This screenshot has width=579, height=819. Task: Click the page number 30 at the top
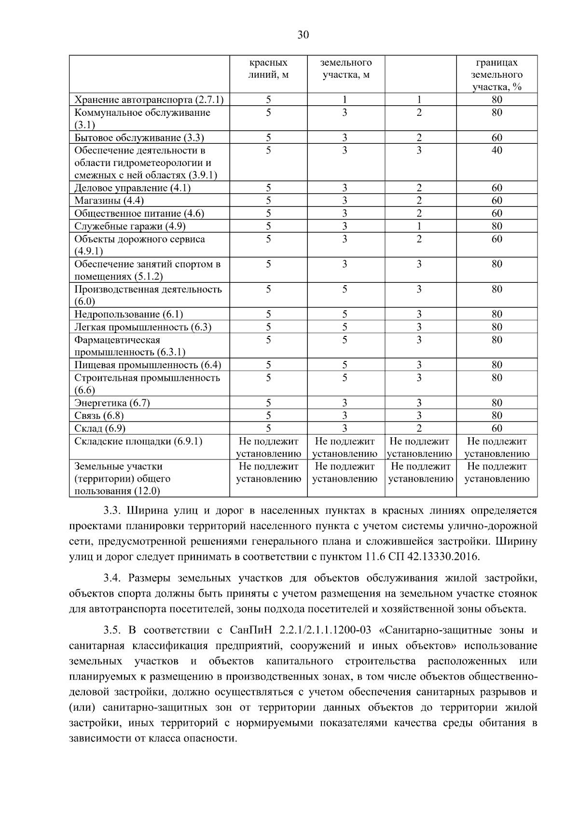[303, 35]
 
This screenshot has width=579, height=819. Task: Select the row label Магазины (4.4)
[109, 200]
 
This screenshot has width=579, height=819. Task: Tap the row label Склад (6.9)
[100, 428]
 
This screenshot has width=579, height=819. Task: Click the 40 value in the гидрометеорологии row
[496, 150]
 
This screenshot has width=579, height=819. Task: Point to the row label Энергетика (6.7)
[112, 403]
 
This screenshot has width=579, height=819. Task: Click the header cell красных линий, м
[268, 69]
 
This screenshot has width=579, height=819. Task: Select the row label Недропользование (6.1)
[129, 314]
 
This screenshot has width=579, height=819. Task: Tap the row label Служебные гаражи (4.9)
[130, 226]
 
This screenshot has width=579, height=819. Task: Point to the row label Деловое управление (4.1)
[132, 188]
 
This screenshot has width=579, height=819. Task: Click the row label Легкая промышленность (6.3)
[143, 327]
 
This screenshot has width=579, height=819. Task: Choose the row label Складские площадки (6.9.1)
[138, 441]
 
